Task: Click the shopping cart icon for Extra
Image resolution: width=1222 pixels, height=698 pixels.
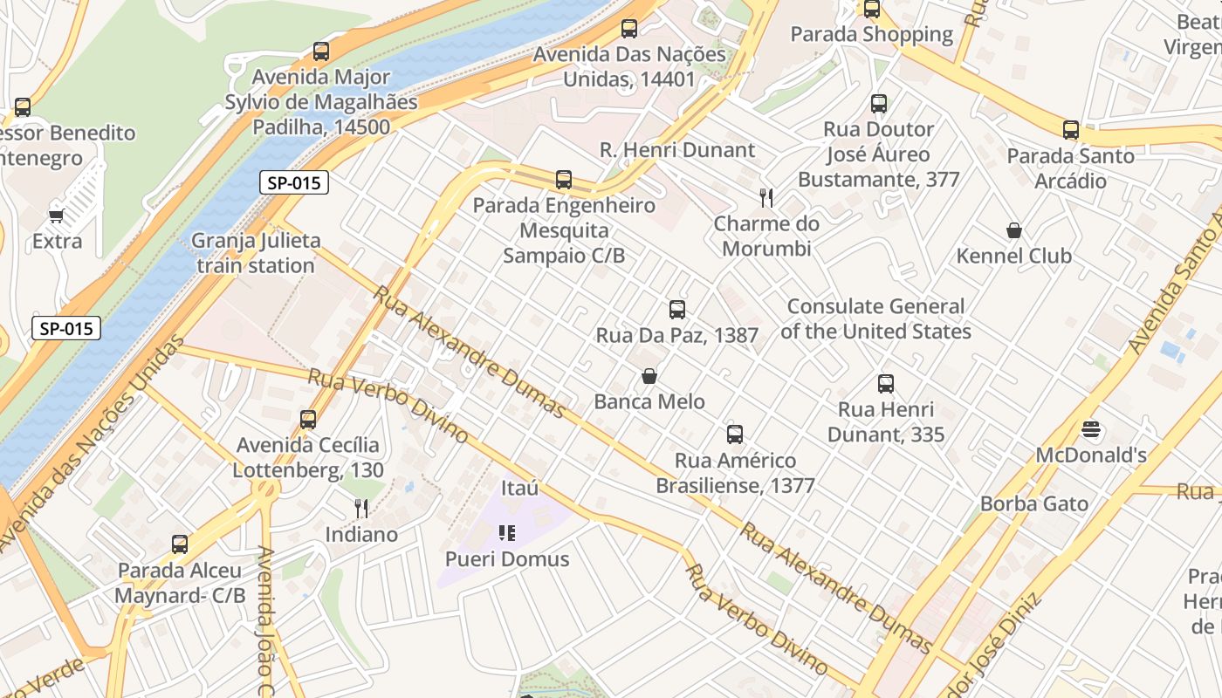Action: (x=57, y=216)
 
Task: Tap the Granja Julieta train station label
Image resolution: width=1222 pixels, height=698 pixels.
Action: (x=256, y=253)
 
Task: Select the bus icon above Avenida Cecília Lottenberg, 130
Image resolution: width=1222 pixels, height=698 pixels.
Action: (x=307, y=420)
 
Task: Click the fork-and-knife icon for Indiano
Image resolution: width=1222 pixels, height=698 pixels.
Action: (x=361, y=508)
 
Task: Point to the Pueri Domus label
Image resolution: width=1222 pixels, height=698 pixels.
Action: (x=507, y=559)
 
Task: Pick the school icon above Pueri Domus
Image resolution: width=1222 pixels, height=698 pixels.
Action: (x=507, y=532)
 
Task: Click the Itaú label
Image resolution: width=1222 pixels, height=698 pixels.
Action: (x=520, y=488)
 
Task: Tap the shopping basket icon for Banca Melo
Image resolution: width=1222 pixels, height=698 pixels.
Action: (x=649, y=376)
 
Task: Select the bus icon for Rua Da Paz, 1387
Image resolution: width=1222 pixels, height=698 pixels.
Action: (x=676, y=309)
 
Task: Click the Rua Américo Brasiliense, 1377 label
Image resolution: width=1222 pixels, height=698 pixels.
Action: (x=735, y=473)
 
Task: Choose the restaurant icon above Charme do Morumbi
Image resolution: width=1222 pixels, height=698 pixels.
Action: (x=766, y=197)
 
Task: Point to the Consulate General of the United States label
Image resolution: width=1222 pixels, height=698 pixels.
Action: (x=875, y=319)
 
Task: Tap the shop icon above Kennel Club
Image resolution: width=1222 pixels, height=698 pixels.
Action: (x=1014, y=230)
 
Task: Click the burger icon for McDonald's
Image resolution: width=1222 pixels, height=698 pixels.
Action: (x=1090, y=429)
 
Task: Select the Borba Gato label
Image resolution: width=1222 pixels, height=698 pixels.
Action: (x=1034, y=503)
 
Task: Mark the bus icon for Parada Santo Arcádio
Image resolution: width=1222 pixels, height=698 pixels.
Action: (x=1071, y=130)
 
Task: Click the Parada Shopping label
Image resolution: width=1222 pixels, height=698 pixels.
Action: (x=871, y=34)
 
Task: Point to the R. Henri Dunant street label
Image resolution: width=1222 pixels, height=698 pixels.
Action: (x=677, y=150)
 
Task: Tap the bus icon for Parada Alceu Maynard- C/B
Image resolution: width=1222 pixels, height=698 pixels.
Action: (x=180, y=544)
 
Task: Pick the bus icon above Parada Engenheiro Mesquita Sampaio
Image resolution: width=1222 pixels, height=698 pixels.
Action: (x=564, y=180)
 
